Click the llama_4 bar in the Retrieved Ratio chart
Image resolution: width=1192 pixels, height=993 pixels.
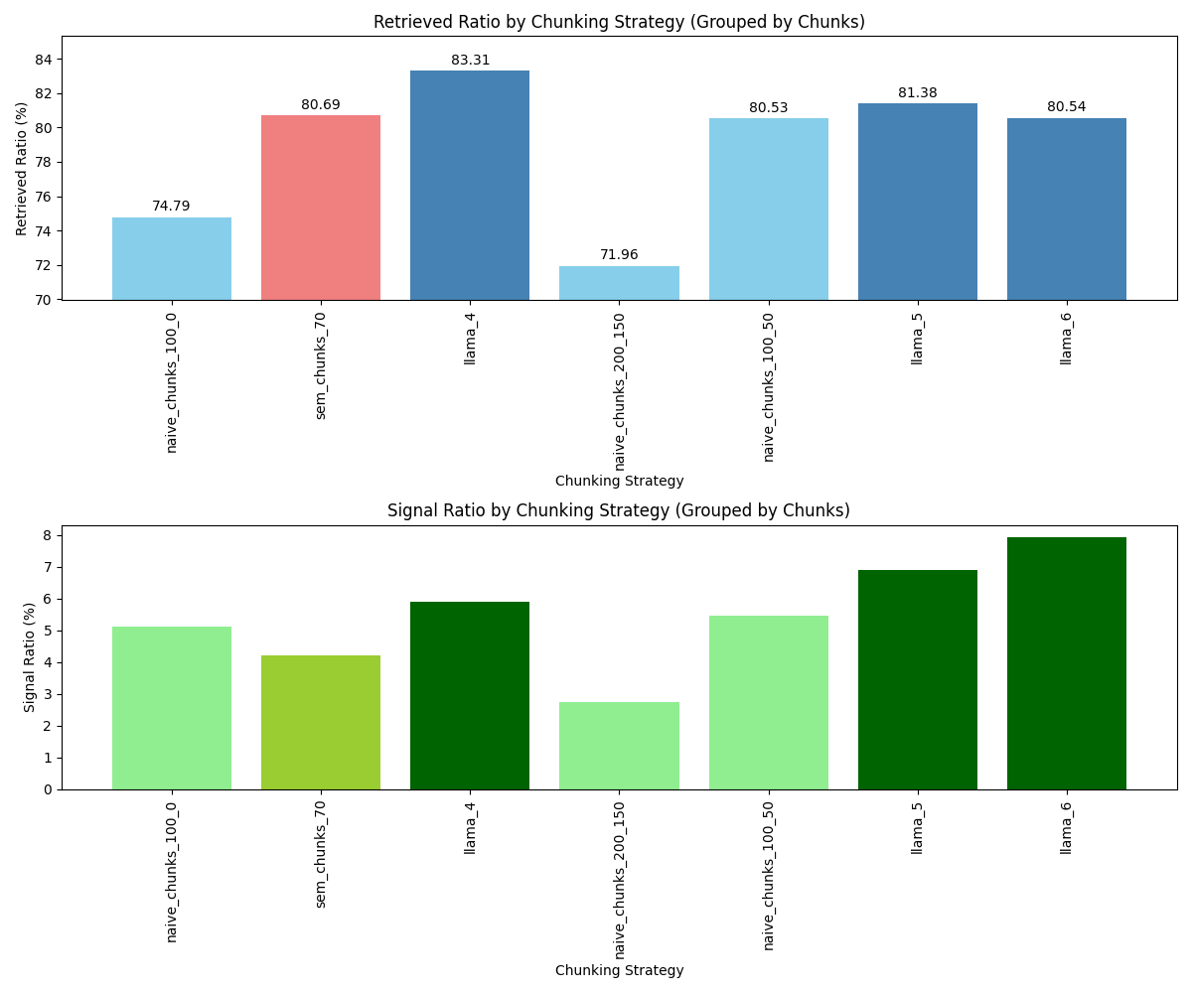[x=470, y=185]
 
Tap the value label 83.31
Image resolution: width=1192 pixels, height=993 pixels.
[x=470, y=60]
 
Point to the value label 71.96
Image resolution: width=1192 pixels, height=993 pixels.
[x=619, y=254]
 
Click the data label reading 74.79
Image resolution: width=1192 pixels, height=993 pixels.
[x=171, y=206]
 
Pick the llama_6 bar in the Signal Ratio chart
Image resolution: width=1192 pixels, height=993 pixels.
[x=1066, y=662]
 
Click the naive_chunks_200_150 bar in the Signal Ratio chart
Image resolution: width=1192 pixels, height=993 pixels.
[x=619, y=745]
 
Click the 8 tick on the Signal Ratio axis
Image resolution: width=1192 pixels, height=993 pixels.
[x=49, y=535]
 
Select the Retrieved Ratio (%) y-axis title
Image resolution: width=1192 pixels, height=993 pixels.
[x=22, y=168]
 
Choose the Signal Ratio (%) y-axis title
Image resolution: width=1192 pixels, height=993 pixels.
[x=30, y=656]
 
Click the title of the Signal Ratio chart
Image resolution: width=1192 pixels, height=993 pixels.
[x=618, y=510]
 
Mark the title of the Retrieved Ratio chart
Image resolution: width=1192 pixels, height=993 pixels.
[x=618, y=22]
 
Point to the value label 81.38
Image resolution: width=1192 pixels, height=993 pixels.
[x=917, y=92]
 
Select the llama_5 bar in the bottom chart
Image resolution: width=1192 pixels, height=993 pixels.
[x=917, y=679]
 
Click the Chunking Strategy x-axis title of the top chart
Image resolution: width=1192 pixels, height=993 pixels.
[x=619, y=481]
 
